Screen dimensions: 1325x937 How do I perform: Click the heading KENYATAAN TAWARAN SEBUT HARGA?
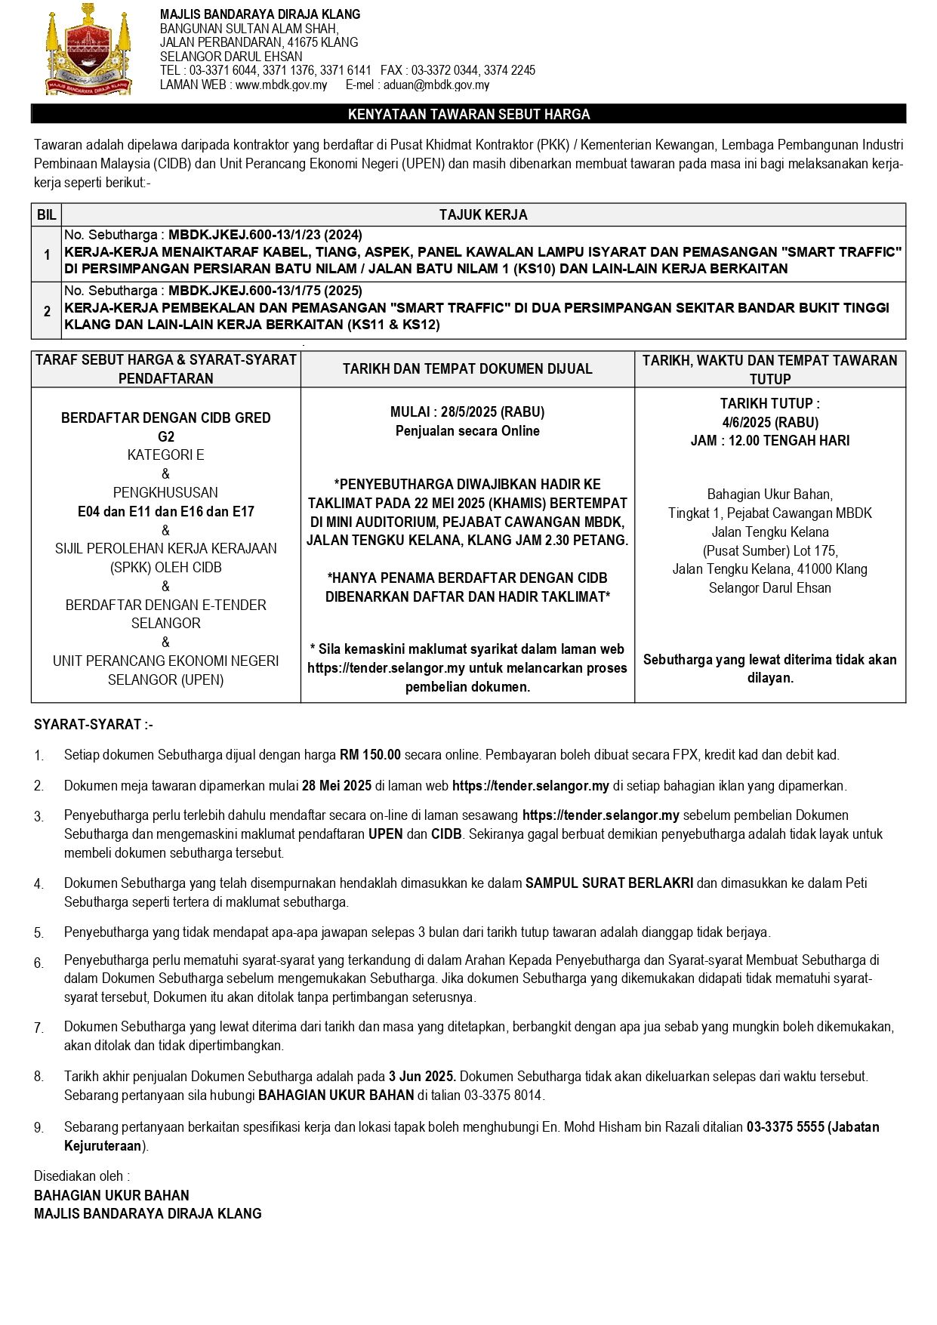tap(468, 114)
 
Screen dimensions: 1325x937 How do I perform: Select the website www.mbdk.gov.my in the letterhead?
tap(281, 85)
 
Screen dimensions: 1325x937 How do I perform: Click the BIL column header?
tap(46, 215)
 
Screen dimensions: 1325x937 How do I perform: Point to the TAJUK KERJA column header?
tap(483, 215)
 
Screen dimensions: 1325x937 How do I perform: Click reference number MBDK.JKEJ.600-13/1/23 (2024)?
tap(265, 235)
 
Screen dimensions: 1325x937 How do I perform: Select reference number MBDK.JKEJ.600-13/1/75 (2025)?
tap(265, 291)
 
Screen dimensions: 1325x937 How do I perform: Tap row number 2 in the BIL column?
tap(47, 311)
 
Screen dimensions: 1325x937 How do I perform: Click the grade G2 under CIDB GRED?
tap(166, 436)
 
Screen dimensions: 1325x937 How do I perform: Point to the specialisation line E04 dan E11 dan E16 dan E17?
tap(166, 511)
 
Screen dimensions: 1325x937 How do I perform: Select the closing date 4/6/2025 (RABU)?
tap(770, 422)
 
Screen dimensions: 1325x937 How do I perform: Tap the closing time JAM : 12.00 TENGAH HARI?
tap(770, 440)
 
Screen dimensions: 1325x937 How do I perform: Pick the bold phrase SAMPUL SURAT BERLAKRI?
tap(609, 883)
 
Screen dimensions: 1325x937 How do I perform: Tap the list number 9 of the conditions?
tap(39, 1128)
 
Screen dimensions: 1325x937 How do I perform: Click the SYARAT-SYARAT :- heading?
tap(94, 725)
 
